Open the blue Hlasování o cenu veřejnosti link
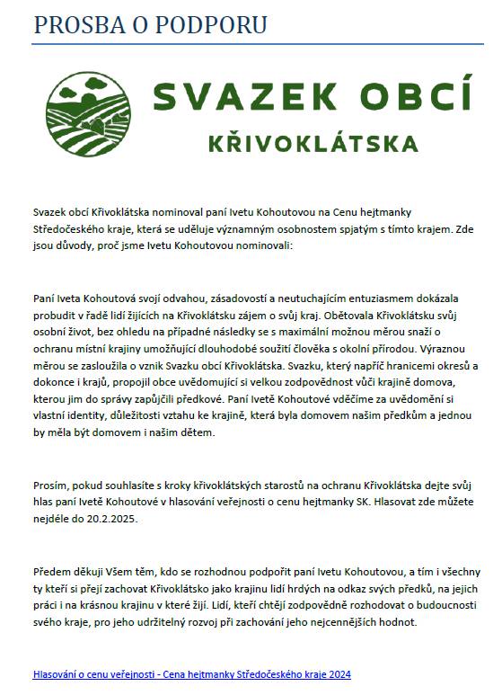[190, 673]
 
